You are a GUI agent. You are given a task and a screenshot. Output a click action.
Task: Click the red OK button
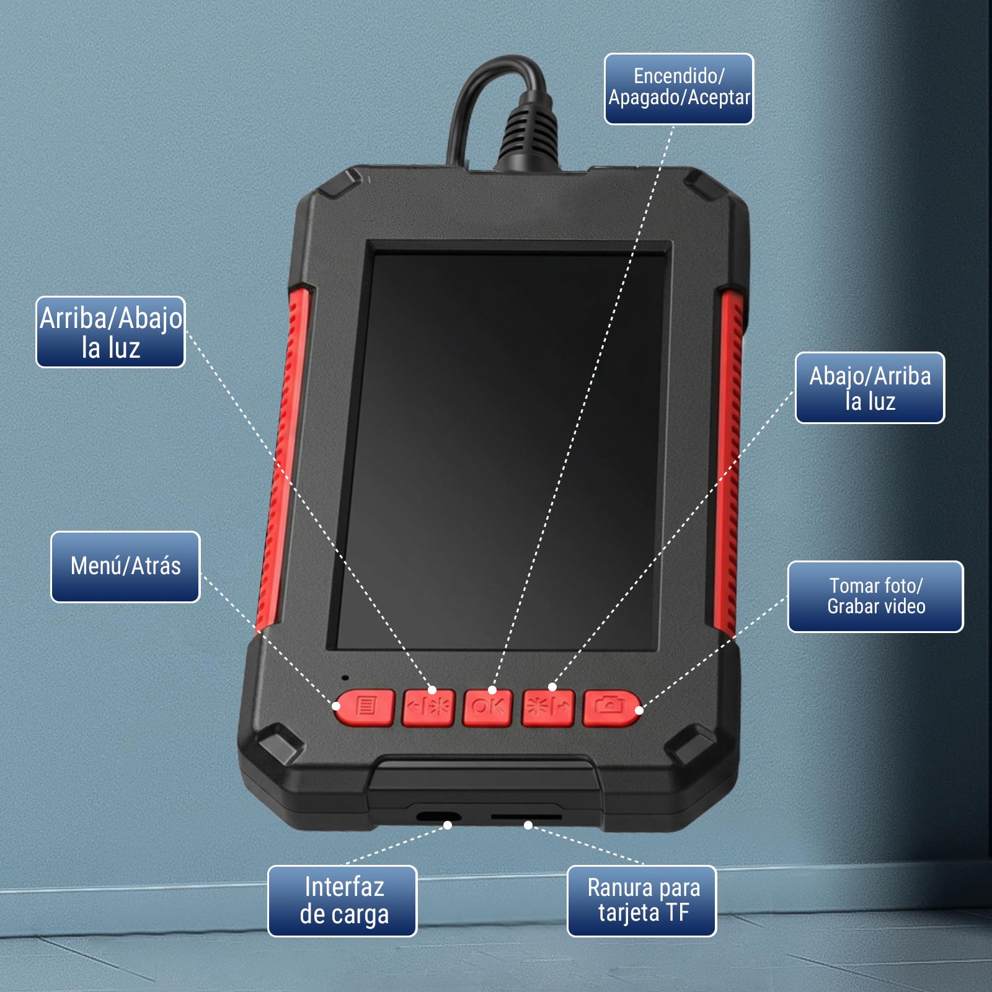[488, 707]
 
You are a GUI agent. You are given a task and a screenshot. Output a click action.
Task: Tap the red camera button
[611, 707]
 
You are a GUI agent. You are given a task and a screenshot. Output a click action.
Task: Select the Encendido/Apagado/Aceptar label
[679, 89]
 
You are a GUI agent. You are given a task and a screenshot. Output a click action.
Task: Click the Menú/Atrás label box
[125, 567]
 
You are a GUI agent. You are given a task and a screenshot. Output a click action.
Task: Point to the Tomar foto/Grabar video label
[875, 596]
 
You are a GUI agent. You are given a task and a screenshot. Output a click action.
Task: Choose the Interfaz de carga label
[342, 901]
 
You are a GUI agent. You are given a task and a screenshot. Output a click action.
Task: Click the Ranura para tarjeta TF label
[642, 901]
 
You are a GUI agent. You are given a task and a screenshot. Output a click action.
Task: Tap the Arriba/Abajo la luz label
[110, 332]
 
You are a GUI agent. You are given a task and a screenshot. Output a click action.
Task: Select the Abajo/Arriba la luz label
[870, 388]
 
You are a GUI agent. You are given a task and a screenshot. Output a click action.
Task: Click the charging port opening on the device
[438, 817]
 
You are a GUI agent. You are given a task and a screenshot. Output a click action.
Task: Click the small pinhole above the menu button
[345, 678]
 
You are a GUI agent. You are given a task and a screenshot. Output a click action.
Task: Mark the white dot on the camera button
[639, 710]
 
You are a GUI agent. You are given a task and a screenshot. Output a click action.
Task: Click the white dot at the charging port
[448, 825]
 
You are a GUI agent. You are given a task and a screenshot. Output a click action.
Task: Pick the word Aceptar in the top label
[719, 98]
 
